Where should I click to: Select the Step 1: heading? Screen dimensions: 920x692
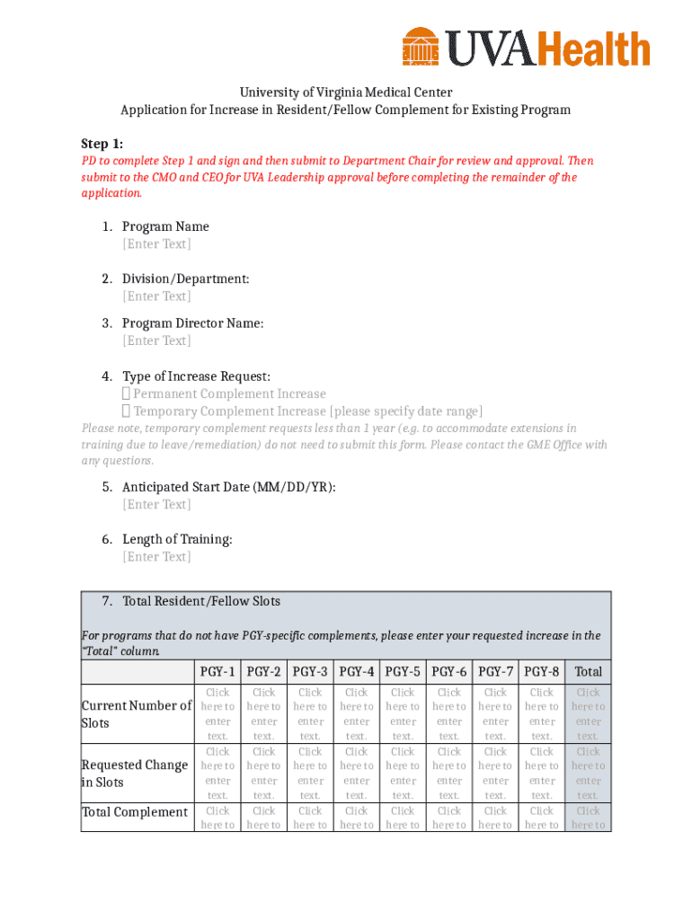pyautogui.click(x=102, y=144)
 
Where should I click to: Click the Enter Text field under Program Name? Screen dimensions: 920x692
pyautogui.click(x=156, y=244)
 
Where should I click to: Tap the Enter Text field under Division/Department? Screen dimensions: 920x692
pyautogui.click(x=156, y=296)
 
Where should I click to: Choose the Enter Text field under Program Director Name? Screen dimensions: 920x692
pyautogui.click(x=156, y=341)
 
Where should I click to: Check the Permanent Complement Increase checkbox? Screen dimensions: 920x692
pyautogui.click(x=127, y=394)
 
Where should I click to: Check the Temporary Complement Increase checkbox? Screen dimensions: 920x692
pyautogui.click(x=127, y=411)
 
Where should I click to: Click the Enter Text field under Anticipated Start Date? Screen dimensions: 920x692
pyautogui.click(x=156, y=505)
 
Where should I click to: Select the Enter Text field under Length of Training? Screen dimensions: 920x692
pyautogui.click(x=156, y=557)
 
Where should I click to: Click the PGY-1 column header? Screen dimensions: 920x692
pyautogui.click(x=217, y=671)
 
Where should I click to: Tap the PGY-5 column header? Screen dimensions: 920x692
pyautogui.click(x=403, y=671)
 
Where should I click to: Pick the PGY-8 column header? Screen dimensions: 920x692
pyautogui.click(x=542, y=671)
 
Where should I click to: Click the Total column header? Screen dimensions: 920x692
pyautogui.click(x=588, y=671)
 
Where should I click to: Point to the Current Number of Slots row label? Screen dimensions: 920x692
pyautogui.click(x=137, y=714)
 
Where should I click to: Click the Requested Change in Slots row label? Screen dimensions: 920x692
pyautogui.click(x=135, y=774)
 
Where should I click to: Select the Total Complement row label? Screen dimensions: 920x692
pyautogui.click(x=135, y=812)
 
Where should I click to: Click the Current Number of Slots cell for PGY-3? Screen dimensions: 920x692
pyautogui.click(x=310, y=714)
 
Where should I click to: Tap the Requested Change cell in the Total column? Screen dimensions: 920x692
pyautogui.click(x=588, y=774)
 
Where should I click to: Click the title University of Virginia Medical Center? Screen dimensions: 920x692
pyautogui.click(x=345, y=93)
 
